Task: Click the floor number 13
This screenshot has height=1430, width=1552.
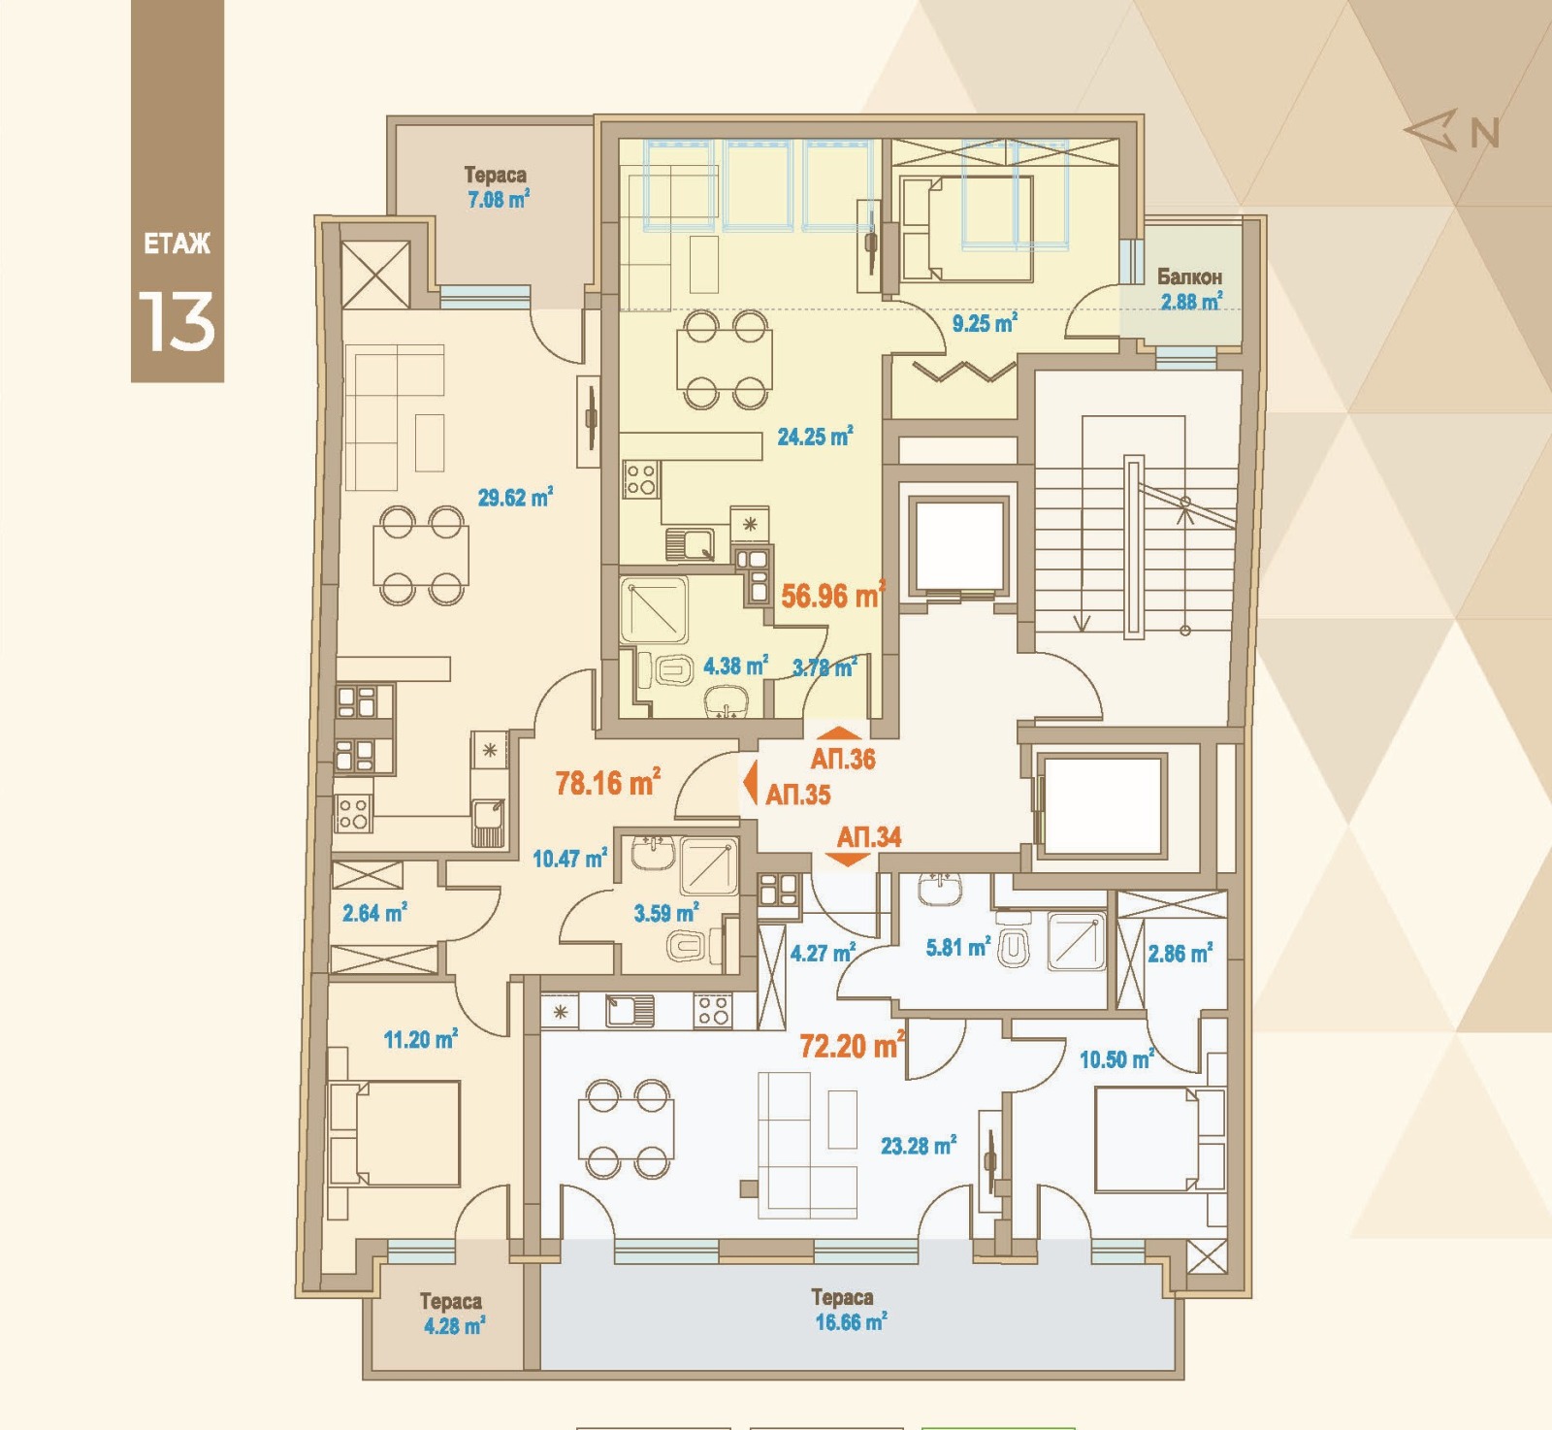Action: (176, 322)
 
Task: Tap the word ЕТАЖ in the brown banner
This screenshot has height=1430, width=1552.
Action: (177, 244)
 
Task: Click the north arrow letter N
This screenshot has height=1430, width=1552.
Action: (1484, 133)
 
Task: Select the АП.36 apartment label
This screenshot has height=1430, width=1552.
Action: (843, 759)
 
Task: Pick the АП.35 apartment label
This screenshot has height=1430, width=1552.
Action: (797, 795)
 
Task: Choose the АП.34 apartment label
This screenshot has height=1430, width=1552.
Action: (869, 836)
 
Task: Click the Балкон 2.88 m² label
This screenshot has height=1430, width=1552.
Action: (1190, 289)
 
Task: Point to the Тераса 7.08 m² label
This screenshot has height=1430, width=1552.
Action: (497, 187)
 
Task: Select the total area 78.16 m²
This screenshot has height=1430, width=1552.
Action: (608, 782)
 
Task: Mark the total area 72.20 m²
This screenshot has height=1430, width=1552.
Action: (852, 1045)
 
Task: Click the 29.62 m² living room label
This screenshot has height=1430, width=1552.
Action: (515, 498)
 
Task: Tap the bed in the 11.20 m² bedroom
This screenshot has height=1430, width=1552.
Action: (394, 1133)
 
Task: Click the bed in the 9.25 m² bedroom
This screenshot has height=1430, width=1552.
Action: (966, 229)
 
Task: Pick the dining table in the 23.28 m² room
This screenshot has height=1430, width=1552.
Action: (626, 1128)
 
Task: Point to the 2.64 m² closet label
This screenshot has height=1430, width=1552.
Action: (374, 913)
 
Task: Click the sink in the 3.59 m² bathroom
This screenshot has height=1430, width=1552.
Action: (654, 852)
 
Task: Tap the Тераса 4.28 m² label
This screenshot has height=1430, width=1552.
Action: (452, 1314)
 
